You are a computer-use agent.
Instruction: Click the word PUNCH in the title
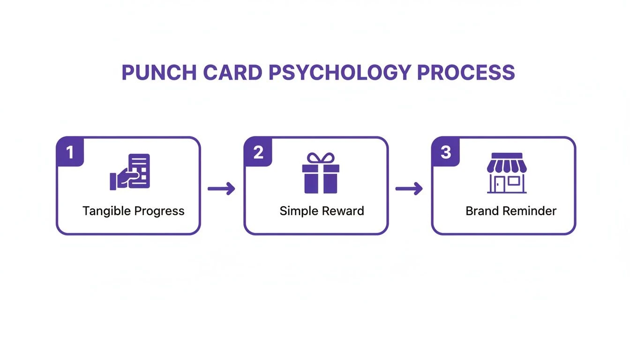click(159, 73)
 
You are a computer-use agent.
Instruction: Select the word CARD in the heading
click(232, 73)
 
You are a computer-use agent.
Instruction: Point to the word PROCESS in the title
click(466, 73)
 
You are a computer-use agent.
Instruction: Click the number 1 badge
click(70, 152)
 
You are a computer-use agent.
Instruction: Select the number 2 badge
click(258, 152)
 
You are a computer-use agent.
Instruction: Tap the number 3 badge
click(446, 152)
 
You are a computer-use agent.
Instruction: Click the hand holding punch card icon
click(130, 172)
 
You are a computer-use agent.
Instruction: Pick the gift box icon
click(321, 173)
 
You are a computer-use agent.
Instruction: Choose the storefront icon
click(507, 173)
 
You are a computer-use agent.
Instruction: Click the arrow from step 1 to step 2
click(221, 188)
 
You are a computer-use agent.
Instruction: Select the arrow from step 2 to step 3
click(409, 188)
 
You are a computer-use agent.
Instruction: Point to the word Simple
click(299, 211)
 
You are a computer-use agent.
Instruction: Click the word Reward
click(343, 211)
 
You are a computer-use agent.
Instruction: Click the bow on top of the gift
click(321, 158)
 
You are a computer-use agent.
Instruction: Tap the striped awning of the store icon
click(507, 166)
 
